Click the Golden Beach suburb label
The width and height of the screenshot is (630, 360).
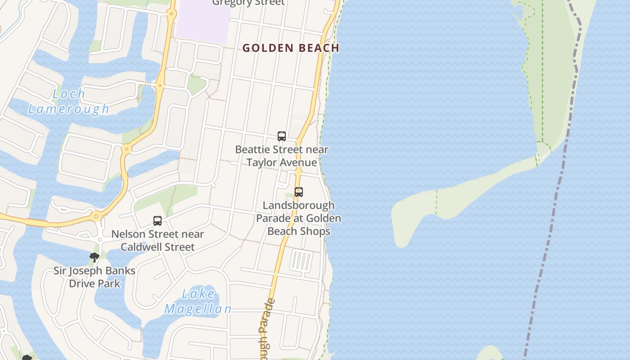pyautogui.click(x=291, y=48)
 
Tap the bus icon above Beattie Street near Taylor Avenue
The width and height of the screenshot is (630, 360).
pyautogui.click(x=282, y=136)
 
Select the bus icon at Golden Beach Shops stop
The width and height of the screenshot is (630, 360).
pyautogui.click(x=298, y=192)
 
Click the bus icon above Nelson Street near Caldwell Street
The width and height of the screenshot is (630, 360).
pyautogui.click(x=157, y=221)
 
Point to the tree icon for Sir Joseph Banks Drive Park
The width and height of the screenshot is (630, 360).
pyautogui.click(x=94, y=257)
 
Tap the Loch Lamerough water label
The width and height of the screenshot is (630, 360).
pyautogui.click(x=69, y=101)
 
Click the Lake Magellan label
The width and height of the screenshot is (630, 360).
pyautogui.click(x=198, y=301)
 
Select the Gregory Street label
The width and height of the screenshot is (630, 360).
pyautogui.click(x=248, y=3)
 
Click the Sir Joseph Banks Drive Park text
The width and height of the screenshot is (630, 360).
pyautogui.click(x=94, y=277)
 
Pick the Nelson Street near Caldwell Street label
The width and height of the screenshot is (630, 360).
pyautogui.click(x=157, y=240)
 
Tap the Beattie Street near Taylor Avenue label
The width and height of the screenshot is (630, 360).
pyautogui.click(x=282, y=156)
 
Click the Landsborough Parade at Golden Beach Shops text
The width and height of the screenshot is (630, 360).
pyautogui.click(x=299, y=218)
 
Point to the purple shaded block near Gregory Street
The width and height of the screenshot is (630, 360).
pyautogui.click(x=202, y=22)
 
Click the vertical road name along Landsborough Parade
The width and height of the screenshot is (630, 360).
pyautogui.click(x=266, y=328)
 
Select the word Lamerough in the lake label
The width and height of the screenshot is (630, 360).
pyautogui.click(x=69, y=108)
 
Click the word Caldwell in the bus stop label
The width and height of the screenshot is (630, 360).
pyautogui.click(x=144, y=247)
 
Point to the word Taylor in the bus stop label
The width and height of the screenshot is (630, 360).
pyautogui.click(x=262, y=162)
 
